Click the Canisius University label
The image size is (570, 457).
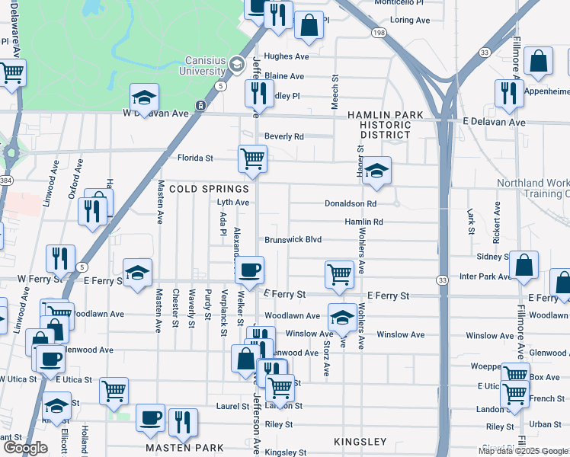point(206,66)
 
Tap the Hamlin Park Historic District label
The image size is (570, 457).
point(385,124)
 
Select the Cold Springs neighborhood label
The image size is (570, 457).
point(210,189)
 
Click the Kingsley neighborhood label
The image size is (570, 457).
point(360,442)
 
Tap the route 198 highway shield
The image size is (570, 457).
point(379,33)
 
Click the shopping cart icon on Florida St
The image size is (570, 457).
point(252,159)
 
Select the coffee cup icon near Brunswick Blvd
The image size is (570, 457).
point(249,270)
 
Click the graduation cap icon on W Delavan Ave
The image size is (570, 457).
point(144,97)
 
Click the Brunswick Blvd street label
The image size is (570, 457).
point(293,239)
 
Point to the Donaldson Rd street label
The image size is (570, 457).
point(351,204)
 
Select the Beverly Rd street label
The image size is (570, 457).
point(284,137)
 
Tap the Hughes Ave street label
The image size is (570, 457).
point(287,56)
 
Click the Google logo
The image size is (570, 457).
point(26,448)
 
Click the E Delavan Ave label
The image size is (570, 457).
point(494,122)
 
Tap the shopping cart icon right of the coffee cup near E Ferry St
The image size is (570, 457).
point(339,274)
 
